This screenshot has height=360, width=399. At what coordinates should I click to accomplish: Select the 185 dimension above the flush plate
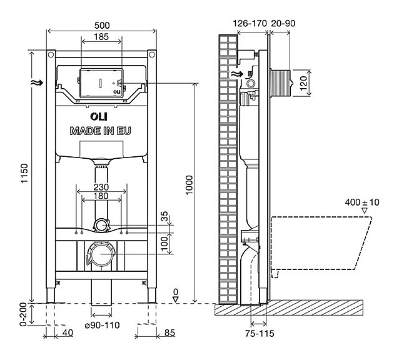pos(98,37)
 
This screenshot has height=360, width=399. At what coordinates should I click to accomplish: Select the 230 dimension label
pos(101,186)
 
